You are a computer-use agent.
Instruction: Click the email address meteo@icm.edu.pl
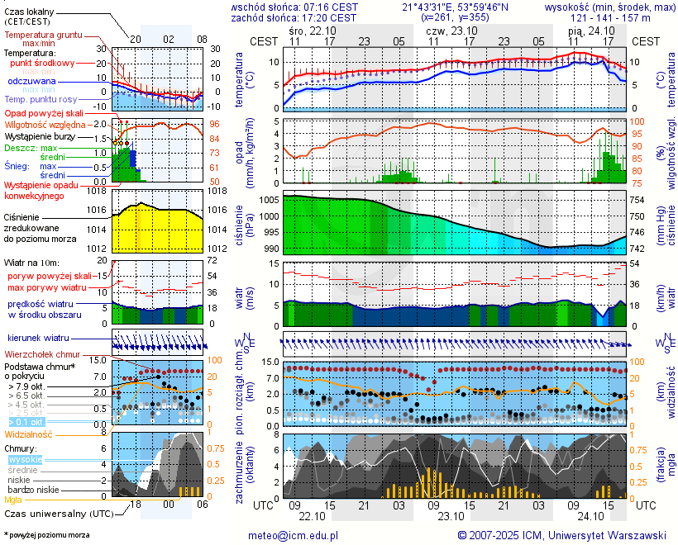click(294, 535)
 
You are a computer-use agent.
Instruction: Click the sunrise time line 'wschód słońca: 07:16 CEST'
click(294, 7)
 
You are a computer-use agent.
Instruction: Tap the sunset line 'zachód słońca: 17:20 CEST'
click(294, 17)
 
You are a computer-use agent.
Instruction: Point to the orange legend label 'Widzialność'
click(29, 434)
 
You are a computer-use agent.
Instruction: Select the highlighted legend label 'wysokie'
click(25, 459)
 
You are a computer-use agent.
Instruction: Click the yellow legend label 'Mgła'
click(13, 500)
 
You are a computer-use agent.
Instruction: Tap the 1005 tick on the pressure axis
click(269, 200)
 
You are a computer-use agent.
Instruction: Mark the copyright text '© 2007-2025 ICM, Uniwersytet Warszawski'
click(562, 535)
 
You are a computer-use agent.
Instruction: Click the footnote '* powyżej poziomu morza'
click(46, 535)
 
